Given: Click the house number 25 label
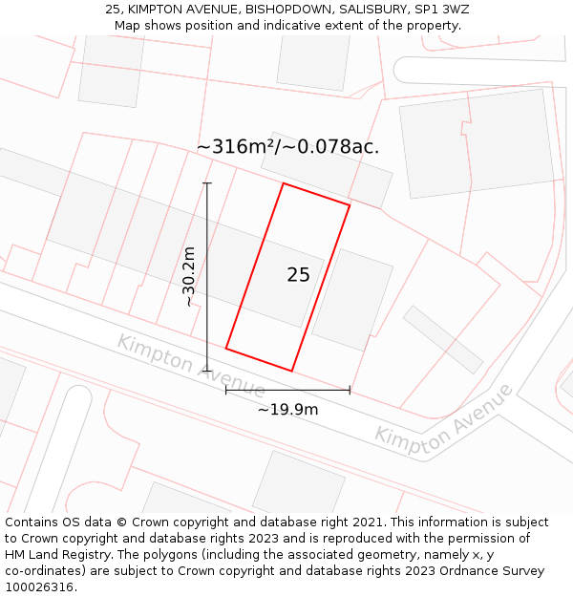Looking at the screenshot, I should [x=298, y=275].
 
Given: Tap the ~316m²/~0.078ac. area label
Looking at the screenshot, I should [x=287, y=147].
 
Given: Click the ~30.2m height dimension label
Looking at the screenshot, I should [x=189, y=276].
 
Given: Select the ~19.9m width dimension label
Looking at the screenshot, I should [x=287, y=409].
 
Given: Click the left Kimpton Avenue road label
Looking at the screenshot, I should [x=191, y=366].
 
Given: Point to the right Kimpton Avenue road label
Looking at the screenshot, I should [x=443, y=415].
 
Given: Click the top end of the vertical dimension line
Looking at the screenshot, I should [x=207, y=182].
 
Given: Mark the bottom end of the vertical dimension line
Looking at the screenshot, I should [x=207, y=371].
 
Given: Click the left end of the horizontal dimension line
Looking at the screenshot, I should [x=225, y=390].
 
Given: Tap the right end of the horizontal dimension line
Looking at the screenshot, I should [x=350, y=390].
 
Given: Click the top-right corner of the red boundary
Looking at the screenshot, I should [x=350, y=205].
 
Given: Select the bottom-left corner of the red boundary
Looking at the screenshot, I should [x=226, y=348].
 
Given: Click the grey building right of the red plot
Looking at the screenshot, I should [x=352, y=299].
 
